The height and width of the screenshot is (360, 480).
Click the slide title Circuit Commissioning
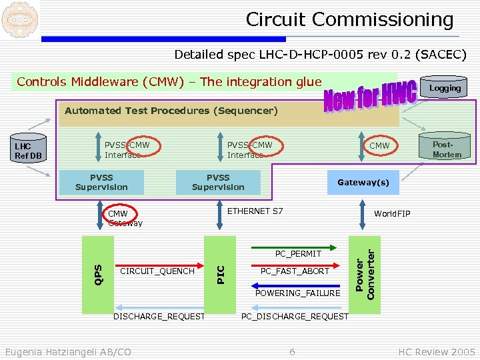(x=349, y=19)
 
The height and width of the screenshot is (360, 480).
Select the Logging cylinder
(x=445, y=87)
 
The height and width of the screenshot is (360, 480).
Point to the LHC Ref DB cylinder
(x=29, y=151)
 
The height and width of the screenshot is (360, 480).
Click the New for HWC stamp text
(x=371, y=97)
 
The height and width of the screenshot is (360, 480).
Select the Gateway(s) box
(x=363, y=183)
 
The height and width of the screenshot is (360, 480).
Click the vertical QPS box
(x=97, y=274)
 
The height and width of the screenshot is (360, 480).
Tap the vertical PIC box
(x=221, y=274)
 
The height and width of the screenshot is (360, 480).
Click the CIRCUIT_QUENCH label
(x=157, y=271)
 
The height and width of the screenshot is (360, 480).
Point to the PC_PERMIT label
(x=299, y=254)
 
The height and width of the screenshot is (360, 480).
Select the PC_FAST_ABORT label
(x=295, y=271)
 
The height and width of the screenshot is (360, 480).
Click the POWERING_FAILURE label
(x=298, y=293)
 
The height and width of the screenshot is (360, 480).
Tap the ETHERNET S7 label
(x=255, y=211)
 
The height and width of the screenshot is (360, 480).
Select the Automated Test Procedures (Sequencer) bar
(x=171, y=111)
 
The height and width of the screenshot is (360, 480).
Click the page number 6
(x=292, y=351)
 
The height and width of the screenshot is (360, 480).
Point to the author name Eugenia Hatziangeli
(x=67, y=351)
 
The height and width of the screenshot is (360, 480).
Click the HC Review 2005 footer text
(x=437, y=351)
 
